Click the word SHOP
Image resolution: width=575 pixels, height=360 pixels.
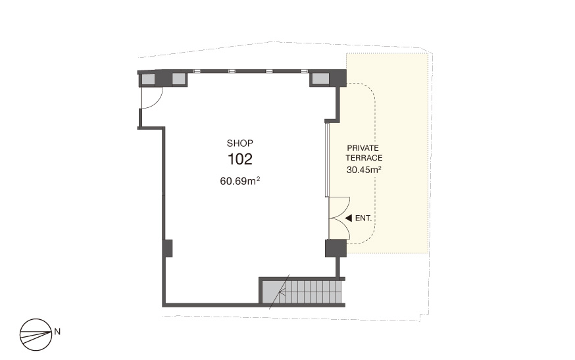(x=240, y=143)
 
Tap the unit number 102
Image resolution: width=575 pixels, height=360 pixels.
(x=240, y=159)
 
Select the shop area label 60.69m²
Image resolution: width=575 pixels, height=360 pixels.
(x=240, y=181)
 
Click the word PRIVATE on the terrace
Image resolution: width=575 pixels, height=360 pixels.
(x=363, y=148)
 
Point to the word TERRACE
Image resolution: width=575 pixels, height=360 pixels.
(x=364, y=158)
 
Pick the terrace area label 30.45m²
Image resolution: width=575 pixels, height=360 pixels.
(x=364, y=170)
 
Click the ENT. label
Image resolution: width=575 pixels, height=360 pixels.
(x=363, y=219)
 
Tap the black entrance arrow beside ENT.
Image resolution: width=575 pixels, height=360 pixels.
(x=349, y=219)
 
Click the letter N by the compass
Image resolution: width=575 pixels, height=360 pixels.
(x=57, y=332)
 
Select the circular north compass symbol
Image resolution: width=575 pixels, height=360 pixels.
(x=36, y=334)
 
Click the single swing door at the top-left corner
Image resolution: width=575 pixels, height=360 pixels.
(x=151, y=98)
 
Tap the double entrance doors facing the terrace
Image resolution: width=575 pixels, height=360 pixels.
(x=339, y=219)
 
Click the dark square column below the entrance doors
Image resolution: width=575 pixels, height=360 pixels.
(x=336, y=248)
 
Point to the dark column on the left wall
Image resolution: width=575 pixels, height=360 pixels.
(x=168, y=248)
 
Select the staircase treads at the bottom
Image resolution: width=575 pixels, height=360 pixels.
(x=311, y=292)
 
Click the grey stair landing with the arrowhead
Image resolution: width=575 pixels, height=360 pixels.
(x=270, y=292)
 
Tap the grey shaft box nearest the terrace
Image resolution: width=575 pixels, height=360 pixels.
(x=320, y=78)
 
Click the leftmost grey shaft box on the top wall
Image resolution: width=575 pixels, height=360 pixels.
(x=148, y=79)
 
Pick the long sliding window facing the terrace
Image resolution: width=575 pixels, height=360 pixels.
(x=327, y=159)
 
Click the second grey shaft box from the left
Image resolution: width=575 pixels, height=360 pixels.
(x=178, y=79)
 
